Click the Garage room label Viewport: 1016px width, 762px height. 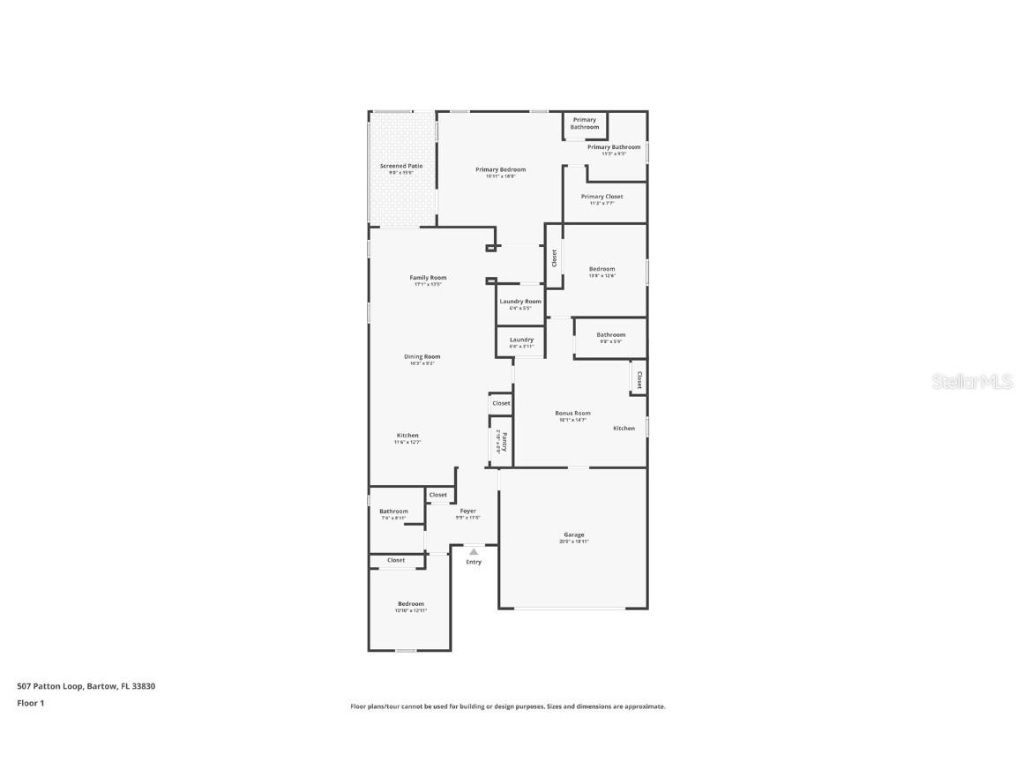click(x=574, y=534)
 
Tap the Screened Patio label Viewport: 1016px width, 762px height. click(x=401, y=166)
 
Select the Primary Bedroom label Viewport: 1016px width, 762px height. click(x=500, y=169)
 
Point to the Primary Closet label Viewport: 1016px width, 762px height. click(x=601, y=197)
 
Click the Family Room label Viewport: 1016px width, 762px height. click(x=428, y=278)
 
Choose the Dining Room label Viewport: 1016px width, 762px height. click(x=422, y=356)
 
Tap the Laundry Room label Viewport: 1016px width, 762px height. click(x=520, y=302)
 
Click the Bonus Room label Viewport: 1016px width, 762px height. click(x=572, y=413)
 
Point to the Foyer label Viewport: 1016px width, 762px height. click(x=467, y=511)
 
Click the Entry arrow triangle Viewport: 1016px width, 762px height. click(x=474, y=552)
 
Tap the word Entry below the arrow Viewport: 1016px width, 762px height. click(x=474, y=562)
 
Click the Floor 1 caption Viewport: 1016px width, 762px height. click(x=30, y=703)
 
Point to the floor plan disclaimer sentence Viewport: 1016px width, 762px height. click(x=508, y=706)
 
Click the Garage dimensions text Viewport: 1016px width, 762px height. click(x=574, y=542)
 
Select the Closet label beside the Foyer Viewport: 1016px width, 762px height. click(x=438, y=495)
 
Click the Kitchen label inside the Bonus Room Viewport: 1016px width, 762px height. click(x=624, y=429)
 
